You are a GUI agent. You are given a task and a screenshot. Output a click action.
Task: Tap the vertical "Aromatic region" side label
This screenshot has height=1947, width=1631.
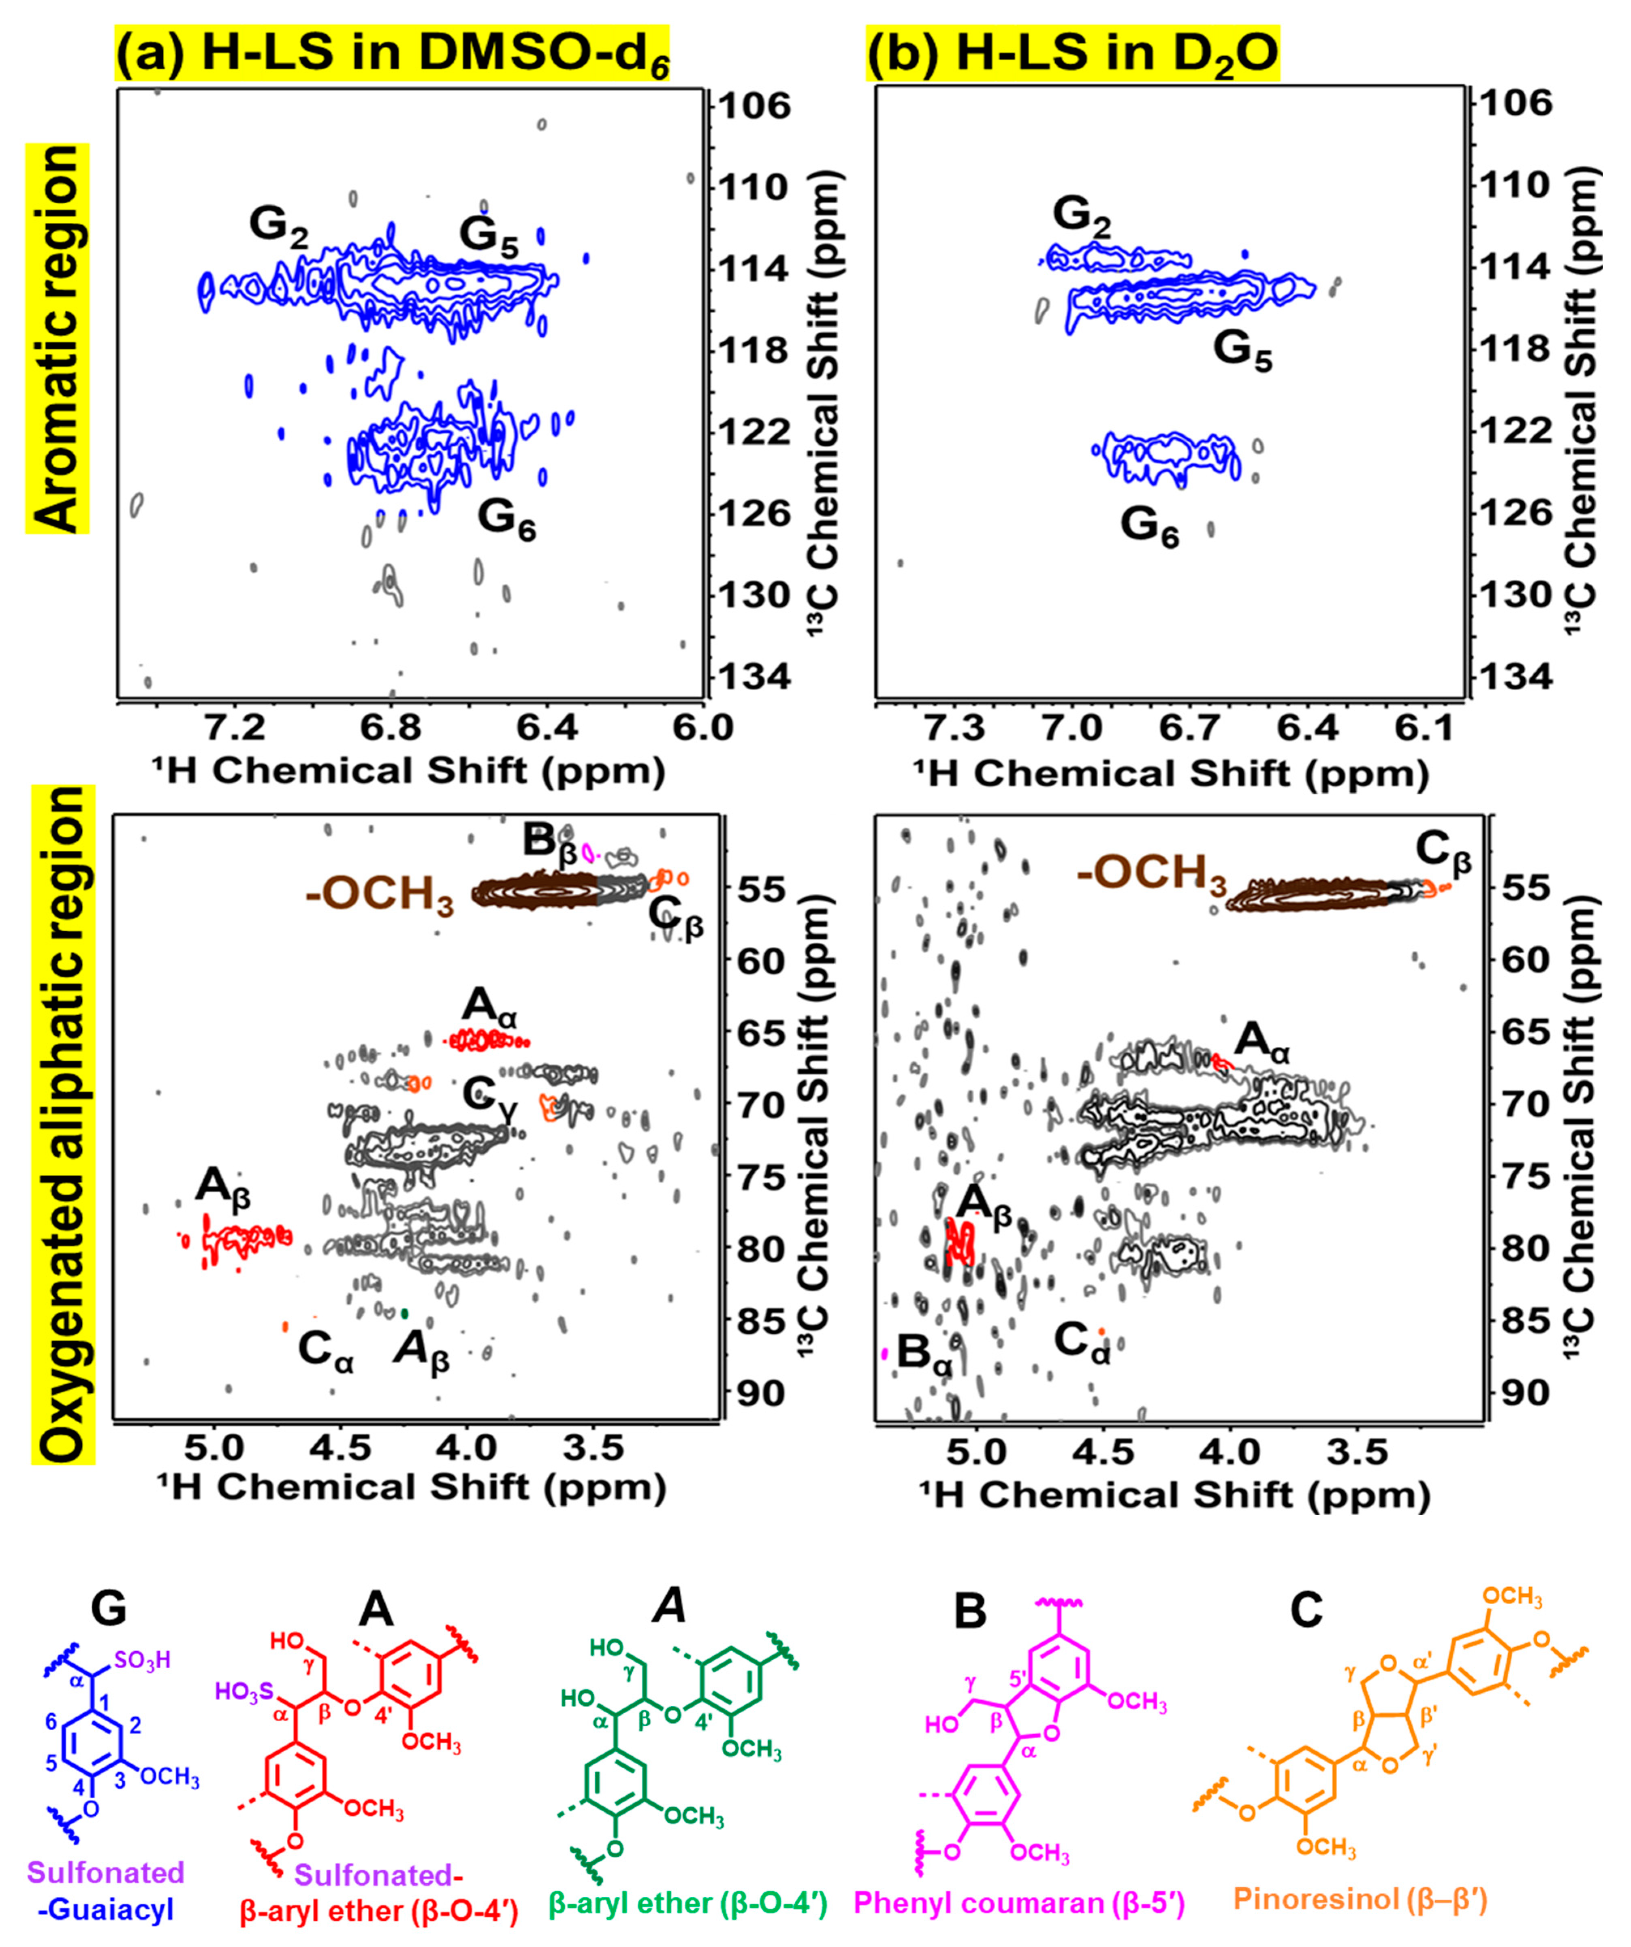point(58,338)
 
